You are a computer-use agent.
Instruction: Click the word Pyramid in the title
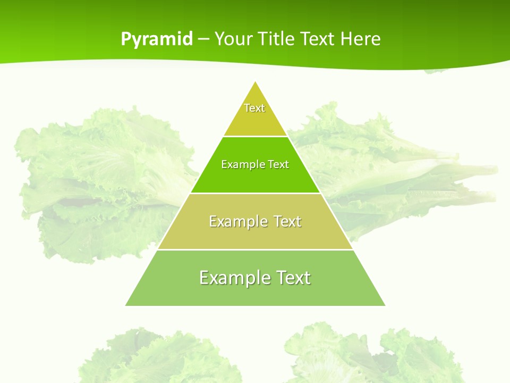pyautogui.click(x=157, y=39)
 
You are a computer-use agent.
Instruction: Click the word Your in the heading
pyautogui.click(x=233, y=39)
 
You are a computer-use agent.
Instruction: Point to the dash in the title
pyautogui.click(x=203, y=39)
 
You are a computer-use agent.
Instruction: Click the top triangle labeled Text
pyautogui.click(x=255, y=114)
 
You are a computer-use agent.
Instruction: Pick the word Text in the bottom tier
pyautogui.click(x=292, y=278)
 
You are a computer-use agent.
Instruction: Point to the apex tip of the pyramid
pyautogui.click(x=256, y=82)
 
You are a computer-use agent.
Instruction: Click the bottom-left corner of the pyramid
pyautogui.click(x=126, y=305)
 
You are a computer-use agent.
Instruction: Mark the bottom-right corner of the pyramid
pyautogui.click(x=384, y=305)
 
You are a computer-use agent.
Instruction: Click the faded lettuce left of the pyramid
pyautogui.click(x=101, y=181)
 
